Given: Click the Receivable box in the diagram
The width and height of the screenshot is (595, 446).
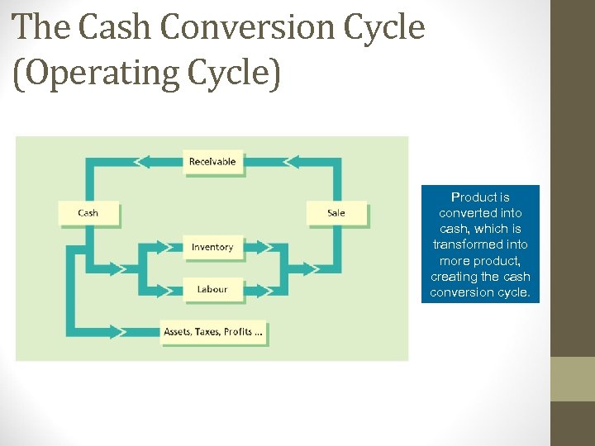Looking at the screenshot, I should [212, 162].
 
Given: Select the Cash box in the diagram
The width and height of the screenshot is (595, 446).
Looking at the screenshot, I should [88, 213].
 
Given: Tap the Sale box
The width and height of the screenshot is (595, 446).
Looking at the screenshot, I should [336, 213].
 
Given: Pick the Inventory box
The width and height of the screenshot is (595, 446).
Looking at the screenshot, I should [212, 247].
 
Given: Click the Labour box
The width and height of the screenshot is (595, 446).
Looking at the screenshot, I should [212, 289].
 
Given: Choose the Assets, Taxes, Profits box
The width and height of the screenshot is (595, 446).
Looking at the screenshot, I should [214, 332].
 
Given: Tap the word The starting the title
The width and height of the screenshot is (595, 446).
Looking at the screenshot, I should [40, 27].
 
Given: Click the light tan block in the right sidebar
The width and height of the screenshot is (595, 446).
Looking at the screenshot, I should [572, 378].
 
